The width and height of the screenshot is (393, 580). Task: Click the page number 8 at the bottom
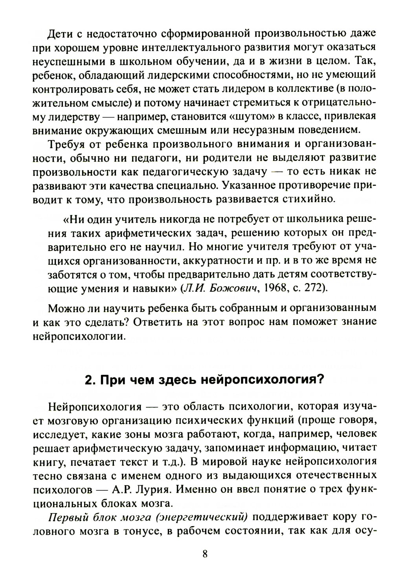[x=205, y=554]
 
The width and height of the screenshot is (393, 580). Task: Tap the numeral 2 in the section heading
[x=88, y=380]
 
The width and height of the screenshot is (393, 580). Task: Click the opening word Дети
[x=60, y=33]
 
